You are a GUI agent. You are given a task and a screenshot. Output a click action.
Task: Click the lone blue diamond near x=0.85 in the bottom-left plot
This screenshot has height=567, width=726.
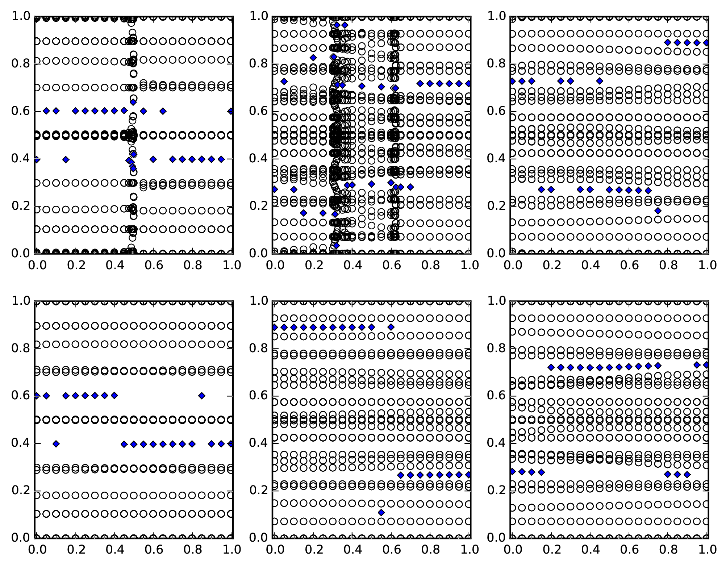point(202,396)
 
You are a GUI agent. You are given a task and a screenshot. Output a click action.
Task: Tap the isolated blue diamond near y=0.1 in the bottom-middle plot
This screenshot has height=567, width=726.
point(381,512)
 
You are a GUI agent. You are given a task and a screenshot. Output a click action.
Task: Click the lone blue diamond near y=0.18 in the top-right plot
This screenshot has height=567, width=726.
point(658,211)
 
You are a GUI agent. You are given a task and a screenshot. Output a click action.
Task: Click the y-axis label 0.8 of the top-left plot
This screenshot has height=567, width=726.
point(21,64)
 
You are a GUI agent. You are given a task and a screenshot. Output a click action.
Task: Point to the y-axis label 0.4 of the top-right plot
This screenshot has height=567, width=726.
point(496,159)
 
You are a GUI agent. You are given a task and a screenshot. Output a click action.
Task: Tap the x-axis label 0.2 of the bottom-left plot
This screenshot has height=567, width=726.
point(75,550)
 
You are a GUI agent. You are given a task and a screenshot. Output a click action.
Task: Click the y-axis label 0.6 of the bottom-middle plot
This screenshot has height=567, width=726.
point(258,395)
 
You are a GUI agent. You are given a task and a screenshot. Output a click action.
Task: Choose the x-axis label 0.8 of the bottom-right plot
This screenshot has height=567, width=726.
point(668,550)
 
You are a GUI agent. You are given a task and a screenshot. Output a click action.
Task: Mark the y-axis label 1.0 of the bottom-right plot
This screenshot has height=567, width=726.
point(496,301)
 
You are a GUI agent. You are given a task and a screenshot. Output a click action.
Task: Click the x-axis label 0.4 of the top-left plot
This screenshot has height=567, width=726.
point(114,265)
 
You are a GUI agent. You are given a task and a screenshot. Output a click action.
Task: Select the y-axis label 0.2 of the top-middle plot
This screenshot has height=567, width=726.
point(258,206)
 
